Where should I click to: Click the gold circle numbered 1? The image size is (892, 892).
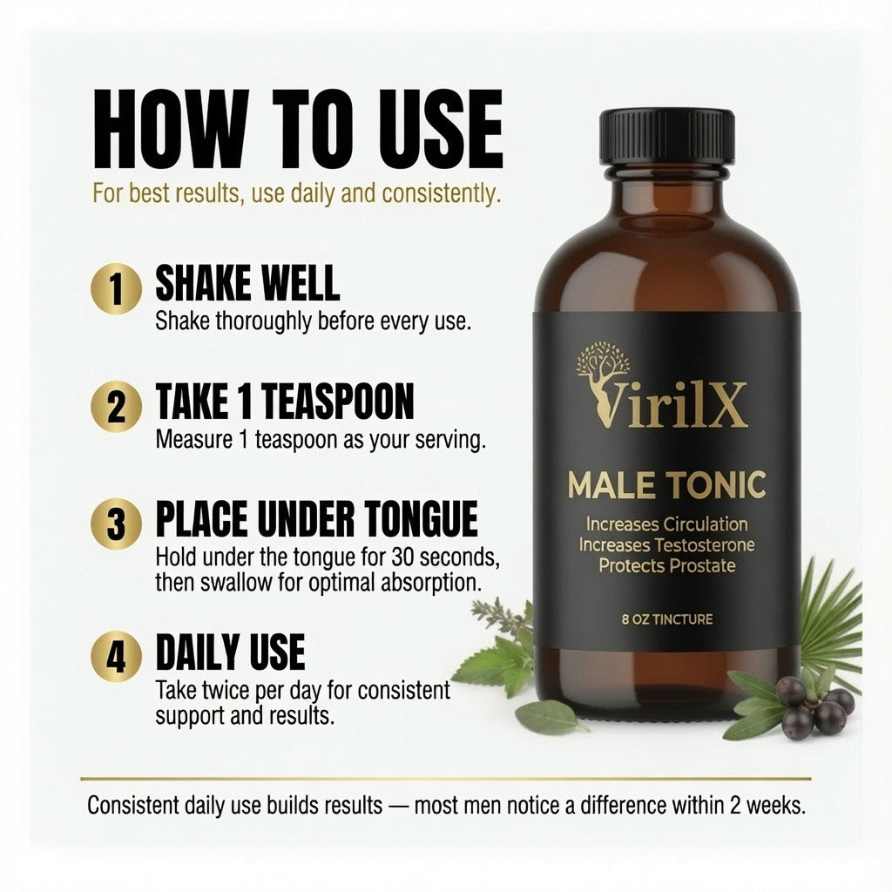[116, 288]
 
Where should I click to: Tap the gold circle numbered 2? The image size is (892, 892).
[116, 407]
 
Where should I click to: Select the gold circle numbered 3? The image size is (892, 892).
[116, 524]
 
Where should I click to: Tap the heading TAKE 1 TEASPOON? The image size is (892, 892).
[285, 401]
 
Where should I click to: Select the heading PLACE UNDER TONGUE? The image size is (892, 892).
[316, 518]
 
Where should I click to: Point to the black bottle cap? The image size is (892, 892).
[666, 135]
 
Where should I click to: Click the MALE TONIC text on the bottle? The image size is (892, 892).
[666, 485]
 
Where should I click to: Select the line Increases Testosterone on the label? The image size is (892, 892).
[666, 545]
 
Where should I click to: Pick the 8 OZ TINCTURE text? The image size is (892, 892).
[666, 619]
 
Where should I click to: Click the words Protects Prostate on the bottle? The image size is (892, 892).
[666, 566]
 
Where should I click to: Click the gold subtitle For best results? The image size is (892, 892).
[296, 193]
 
